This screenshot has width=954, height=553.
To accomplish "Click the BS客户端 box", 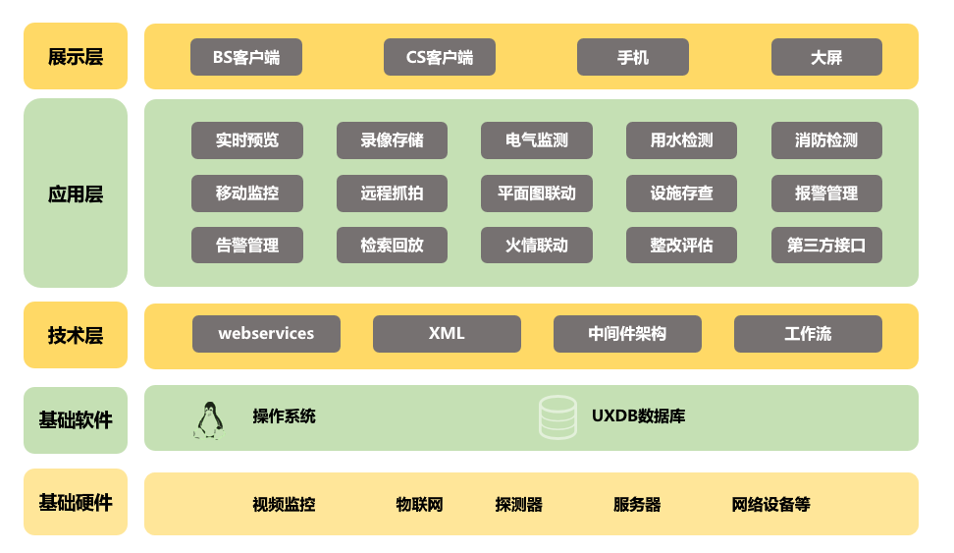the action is coord(246,57).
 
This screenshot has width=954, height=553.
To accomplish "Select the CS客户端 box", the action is coord(440,57).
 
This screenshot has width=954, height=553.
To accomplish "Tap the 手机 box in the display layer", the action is coord(633,57).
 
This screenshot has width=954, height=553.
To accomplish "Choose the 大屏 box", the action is coord(826,57).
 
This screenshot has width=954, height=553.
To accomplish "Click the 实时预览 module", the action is coord(247,140).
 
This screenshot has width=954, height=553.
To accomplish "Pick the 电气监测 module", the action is coord(537,140).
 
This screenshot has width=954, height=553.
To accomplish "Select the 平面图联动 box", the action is coord(537,194).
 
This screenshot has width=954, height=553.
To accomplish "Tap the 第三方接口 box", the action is coord(826,245).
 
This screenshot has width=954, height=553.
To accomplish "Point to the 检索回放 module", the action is coord(392,245).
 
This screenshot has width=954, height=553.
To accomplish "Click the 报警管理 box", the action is coord(826,194).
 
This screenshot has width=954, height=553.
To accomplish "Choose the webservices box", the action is coord(267,334).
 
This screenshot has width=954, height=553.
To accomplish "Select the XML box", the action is coord(447,334).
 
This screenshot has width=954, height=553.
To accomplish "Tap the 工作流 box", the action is coord(808,334).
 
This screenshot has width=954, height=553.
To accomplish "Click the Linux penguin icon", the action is coord(210,420).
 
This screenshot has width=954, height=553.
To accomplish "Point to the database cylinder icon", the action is coord(557,417).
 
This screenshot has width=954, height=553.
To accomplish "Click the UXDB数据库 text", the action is coord(638,415).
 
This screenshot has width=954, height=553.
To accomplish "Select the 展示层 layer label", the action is coord(76,57).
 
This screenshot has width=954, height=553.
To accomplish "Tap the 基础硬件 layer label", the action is coord(76,503).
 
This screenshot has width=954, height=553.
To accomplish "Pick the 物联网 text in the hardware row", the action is coord(419,504).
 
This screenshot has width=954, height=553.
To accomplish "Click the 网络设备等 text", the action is coord(770,504).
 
